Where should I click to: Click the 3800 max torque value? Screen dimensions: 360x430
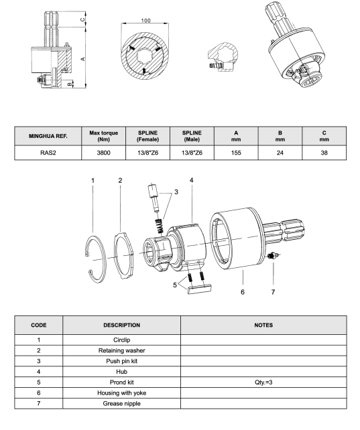click(x=103, y=153)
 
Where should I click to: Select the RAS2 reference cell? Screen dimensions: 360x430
click(x=48, y=153)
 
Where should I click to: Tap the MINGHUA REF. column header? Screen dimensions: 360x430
click(x=48, y=136)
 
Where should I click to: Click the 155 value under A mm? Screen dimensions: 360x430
click(x=236, y=153)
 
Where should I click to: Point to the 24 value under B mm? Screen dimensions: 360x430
click(x=280, y=153)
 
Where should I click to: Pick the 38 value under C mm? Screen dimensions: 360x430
click(x=324, y=153)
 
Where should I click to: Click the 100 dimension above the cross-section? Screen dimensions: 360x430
click(x=145, y=21)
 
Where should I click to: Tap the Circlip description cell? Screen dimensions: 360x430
click(x=121, y=340)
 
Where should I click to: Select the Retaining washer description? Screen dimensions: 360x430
click(x=121, y=350)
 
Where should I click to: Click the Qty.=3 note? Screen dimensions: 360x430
click(x=263, y=382)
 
